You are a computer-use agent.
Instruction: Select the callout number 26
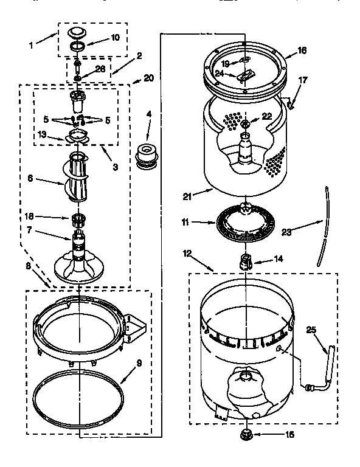(100, 69)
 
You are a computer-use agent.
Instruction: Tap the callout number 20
(148, 78)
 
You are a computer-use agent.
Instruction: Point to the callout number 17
(302, 80)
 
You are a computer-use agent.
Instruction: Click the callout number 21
(188, 196)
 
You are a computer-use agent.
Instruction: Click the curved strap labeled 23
(325, 225)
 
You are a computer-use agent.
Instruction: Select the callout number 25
(311, 330)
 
